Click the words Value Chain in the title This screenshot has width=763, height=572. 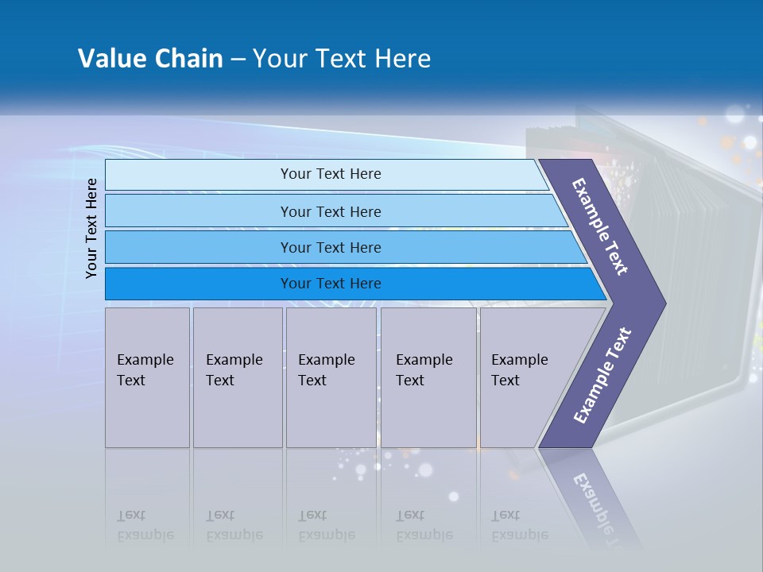(150, 58)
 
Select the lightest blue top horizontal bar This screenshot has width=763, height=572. (327, 175)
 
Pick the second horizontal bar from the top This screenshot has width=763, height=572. (335, 211)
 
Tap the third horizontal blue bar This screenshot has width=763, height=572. (346, 247)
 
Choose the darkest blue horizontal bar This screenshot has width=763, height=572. (355, 284)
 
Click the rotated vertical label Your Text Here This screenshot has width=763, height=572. (91, 228)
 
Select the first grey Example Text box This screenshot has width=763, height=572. (148, 377)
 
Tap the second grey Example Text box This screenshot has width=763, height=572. (238, 377)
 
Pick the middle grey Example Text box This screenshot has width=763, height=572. (331, 377)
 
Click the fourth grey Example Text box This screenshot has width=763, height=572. (428, 377)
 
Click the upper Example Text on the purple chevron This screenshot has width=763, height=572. (599, 226)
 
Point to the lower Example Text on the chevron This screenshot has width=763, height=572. (602, 375)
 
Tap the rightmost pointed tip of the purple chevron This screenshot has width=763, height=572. (666, 303)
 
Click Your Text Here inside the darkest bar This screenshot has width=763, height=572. (331, 283)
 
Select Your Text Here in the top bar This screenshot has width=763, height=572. (331, 174)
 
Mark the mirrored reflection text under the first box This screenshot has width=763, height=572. (145, 525)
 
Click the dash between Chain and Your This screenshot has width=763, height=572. (238, 60)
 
